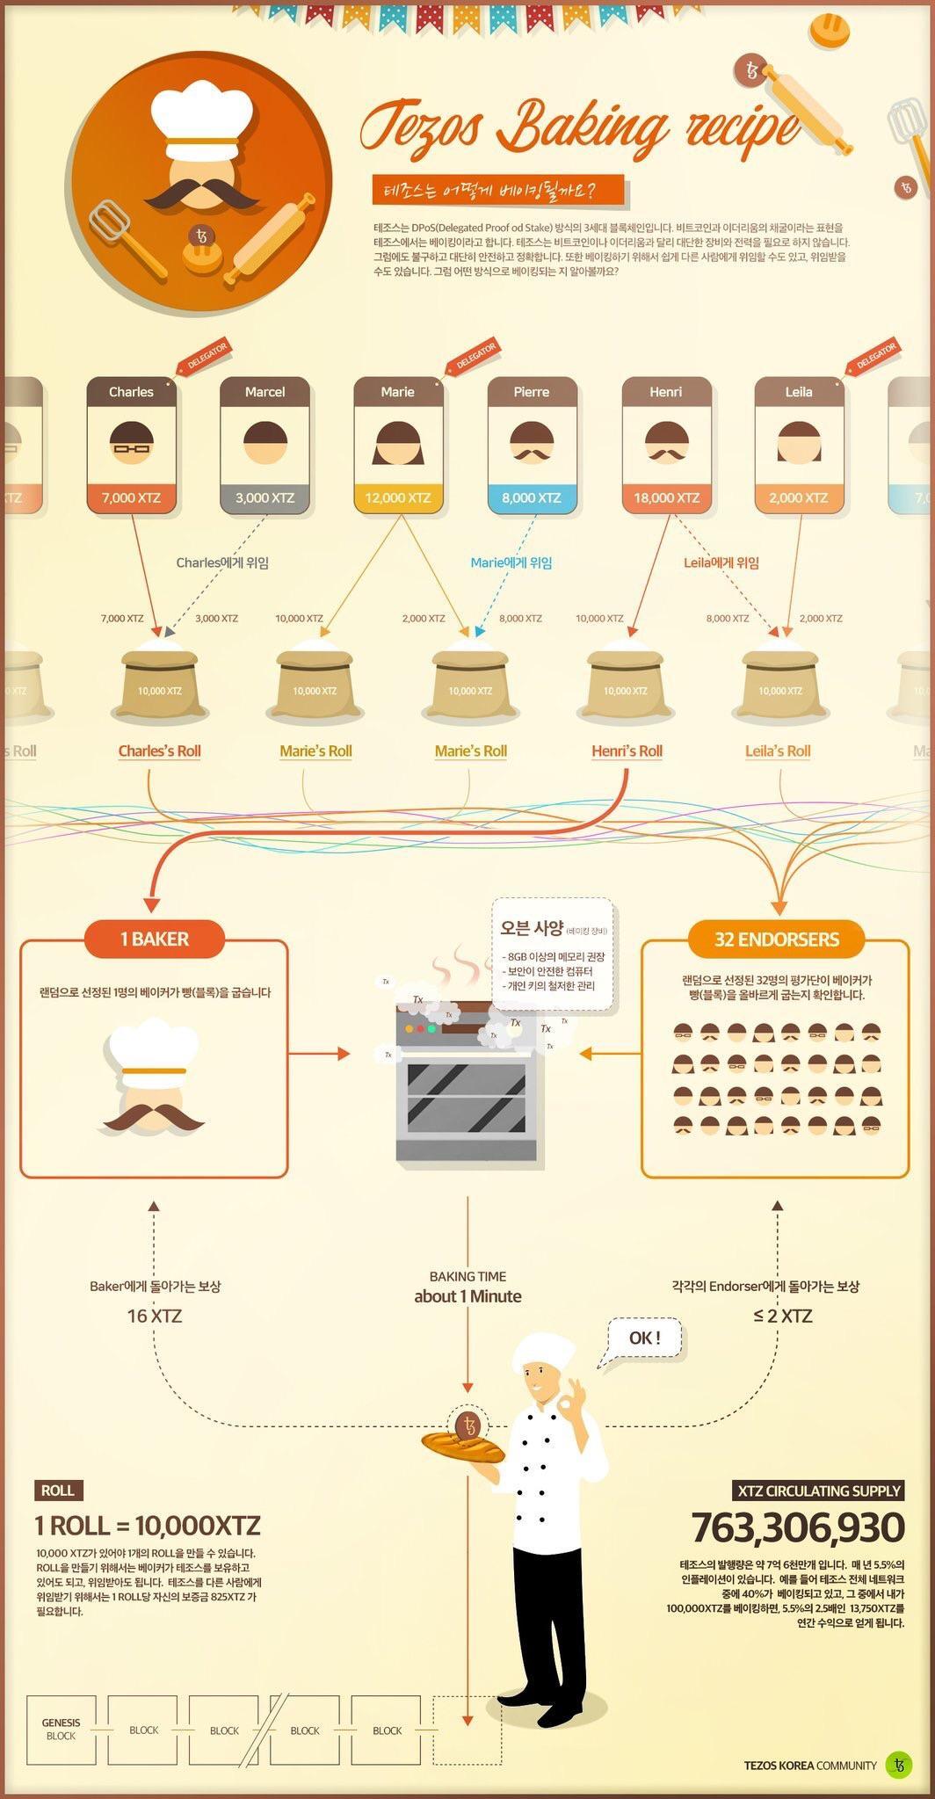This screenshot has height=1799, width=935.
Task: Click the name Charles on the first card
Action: click(131, 392)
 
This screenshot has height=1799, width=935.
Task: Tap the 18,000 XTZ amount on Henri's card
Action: click(666, 497)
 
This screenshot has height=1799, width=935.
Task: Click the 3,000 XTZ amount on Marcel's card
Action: click(265, 497)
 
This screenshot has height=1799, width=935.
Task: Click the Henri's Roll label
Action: click(627, 751)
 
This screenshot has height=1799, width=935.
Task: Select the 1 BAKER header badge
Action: click(155, 939)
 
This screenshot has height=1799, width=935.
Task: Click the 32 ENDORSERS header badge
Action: click(776, 939)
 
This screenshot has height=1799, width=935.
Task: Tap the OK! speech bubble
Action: click(644, 1338)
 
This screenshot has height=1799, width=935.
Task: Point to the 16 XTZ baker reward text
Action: click(155, 1316)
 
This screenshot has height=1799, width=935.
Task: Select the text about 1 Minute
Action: click(467, 1296)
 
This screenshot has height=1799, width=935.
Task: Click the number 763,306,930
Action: click(797, 1527)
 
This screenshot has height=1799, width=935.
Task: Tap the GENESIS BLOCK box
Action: click(61, 1730)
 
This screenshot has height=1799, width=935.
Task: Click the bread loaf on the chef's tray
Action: click(462, 1446)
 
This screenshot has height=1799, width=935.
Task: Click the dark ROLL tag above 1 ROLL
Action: click(58, 1490)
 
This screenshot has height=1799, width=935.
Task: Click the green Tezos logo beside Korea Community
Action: click(898, 1764)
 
